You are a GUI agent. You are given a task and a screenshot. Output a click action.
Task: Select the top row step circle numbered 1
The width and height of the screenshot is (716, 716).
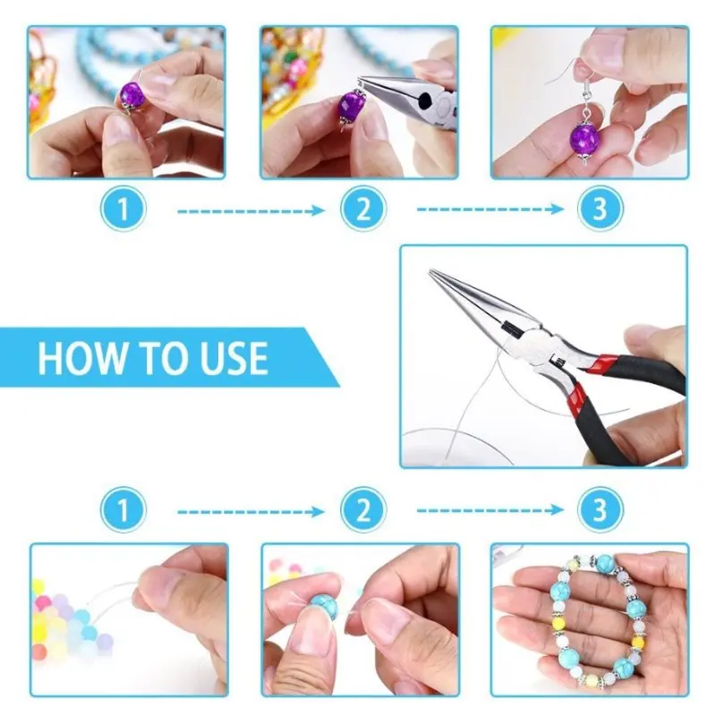tap(124, 209)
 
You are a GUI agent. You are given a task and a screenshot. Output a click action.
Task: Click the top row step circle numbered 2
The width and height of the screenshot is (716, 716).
tap(363, 209)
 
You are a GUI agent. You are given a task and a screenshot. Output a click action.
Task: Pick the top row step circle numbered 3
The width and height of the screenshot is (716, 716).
tap(600, 209)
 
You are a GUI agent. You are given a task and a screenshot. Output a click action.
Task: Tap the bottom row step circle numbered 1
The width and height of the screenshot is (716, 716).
tap(124, 509)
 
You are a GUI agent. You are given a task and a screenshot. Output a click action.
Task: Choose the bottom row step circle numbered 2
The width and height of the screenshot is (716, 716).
tap(363, 509)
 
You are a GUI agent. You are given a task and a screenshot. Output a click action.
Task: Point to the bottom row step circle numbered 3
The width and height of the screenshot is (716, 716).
tap(600, 509)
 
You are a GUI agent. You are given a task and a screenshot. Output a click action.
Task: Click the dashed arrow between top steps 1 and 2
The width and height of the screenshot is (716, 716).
tap(251, 211)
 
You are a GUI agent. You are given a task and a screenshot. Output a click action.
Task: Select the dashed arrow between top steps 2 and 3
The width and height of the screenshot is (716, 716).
tap(490, 209)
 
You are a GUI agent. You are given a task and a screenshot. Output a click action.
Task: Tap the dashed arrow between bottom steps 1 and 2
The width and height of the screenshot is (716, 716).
tap(251, 512)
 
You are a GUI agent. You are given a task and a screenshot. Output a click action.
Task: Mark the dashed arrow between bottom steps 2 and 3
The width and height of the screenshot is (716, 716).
tap(490, 509)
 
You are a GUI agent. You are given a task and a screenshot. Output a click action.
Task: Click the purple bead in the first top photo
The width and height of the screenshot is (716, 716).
tap(132, 95)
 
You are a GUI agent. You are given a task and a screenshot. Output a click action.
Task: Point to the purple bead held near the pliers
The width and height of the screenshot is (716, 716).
tap(351, 105)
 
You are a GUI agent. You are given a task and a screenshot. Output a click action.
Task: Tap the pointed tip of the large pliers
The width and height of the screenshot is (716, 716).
tap(430, 271)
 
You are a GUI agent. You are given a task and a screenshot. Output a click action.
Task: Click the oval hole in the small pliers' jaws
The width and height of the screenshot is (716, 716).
tap(425, 98)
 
